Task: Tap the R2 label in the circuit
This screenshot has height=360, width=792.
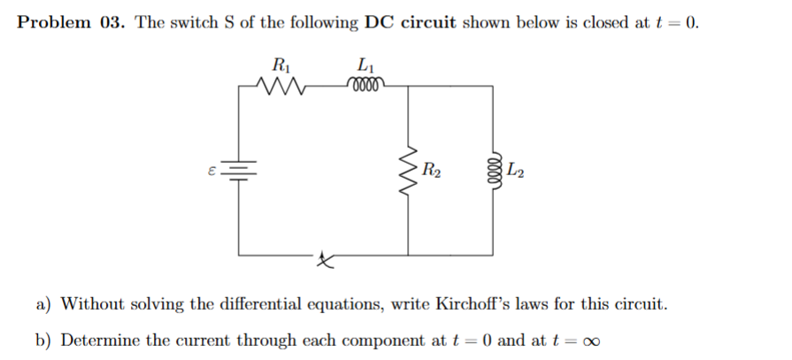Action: pos(432,168)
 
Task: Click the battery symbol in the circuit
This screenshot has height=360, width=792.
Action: pos(239,168)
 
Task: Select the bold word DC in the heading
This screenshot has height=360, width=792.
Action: pos(381,23)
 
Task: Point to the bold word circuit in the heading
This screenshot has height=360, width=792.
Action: pos(429,23)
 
